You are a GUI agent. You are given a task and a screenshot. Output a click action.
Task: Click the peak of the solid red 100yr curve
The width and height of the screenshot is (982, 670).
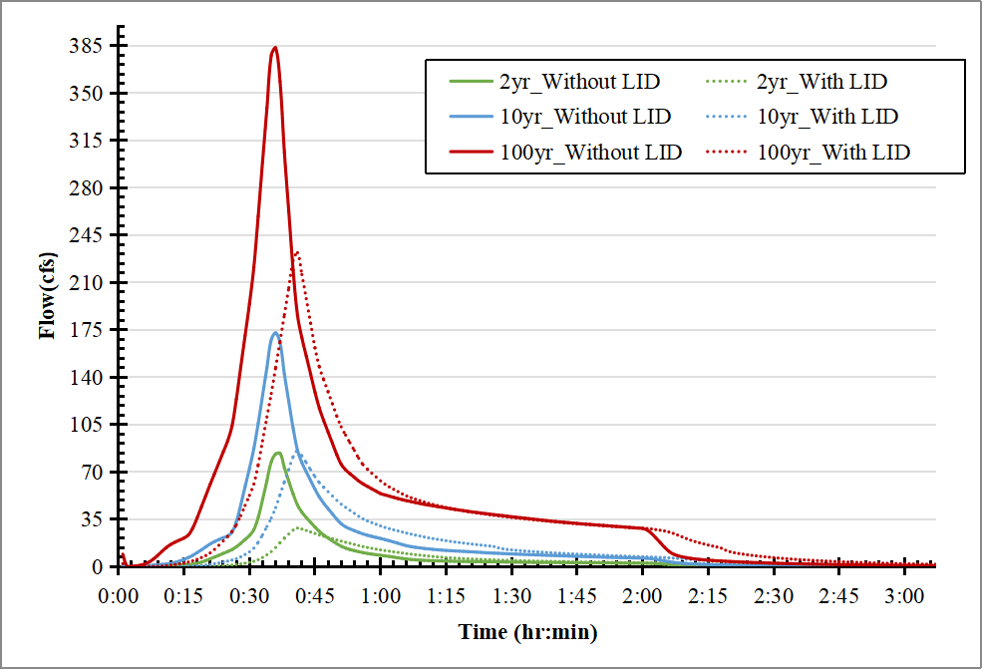coord(275,48)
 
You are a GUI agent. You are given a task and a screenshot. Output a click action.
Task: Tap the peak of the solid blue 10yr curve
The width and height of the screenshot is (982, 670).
coord(275,332)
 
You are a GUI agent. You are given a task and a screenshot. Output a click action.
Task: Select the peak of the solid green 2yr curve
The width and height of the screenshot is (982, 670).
coord(278,453)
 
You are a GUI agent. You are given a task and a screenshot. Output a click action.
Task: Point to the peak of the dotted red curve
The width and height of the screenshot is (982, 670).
coord(296,252)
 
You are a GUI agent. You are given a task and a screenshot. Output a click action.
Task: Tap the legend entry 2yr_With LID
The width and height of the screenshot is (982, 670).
coord(822,82)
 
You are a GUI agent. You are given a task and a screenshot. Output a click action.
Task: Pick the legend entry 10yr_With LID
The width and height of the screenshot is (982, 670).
coord(827,117)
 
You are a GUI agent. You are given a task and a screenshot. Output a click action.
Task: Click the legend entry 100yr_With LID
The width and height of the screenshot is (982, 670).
coord(833,153)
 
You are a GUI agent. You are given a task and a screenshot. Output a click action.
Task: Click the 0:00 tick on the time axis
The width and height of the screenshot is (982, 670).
coord(119,596)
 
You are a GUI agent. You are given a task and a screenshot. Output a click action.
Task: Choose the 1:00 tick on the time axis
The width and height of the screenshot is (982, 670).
coord(381,596)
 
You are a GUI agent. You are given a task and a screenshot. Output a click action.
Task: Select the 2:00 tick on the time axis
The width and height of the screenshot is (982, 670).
coord(643,596)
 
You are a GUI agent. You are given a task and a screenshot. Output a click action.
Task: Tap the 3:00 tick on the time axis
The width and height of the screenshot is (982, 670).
coord(904,596)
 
